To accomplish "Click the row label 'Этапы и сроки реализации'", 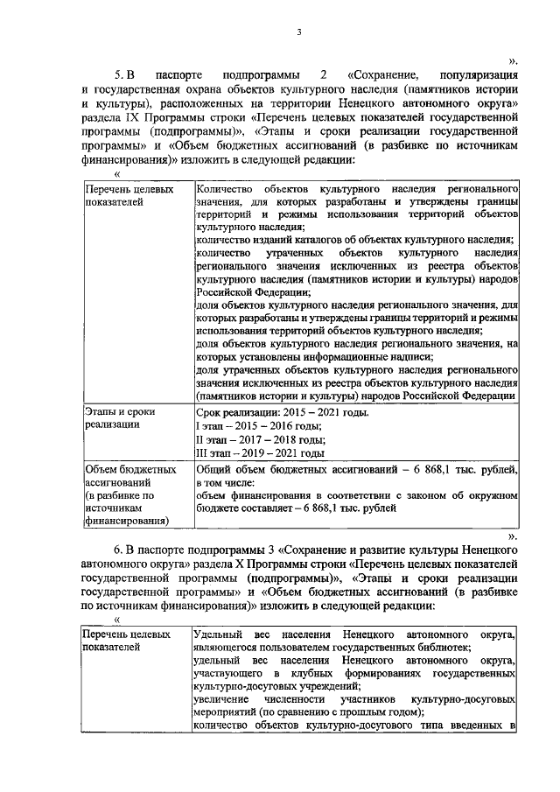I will (x=119, y=419).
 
